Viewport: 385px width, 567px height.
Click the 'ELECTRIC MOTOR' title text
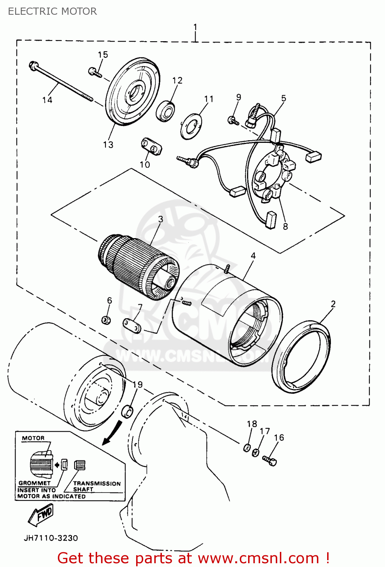click(52, 11)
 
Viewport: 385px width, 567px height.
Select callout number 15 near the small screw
click(103, 55)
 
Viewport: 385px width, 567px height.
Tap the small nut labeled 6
click(106, 320)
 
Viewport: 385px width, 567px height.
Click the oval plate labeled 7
click(132, 326)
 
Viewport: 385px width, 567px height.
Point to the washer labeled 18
click(247, 448)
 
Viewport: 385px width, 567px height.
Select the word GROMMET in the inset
click(34, 483)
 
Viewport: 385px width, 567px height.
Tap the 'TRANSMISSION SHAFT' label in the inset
click(96, 486)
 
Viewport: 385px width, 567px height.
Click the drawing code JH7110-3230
click(51, 538)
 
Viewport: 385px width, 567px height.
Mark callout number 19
click(138, 384)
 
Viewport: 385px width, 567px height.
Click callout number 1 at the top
click(195, 27)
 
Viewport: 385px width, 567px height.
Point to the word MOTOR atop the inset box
click(33, 438)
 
